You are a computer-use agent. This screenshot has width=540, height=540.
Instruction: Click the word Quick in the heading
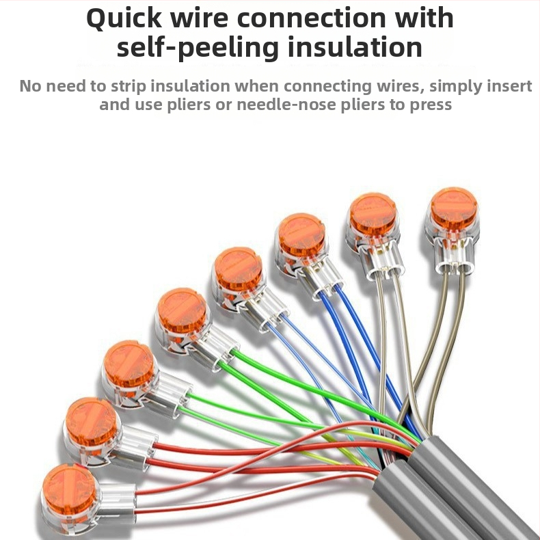[x=124, y=18]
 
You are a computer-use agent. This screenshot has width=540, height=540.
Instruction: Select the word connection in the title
[x=311, y=18]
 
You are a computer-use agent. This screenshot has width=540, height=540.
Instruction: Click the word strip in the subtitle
[x=128, y=86]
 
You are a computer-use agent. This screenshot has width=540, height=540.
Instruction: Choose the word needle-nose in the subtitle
[x=286, y=105]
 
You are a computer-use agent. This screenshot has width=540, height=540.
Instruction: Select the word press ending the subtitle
[x=431, y=105]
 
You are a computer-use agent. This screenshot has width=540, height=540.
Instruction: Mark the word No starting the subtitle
[x=30, y=85]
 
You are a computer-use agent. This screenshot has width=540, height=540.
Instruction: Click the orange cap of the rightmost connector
[x=454, y=206]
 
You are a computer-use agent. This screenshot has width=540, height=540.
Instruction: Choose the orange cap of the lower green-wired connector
[x=129, y=364]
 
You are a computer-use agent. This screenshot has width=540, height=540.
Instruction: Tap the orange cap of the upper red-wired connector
[x=92, y=422]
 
